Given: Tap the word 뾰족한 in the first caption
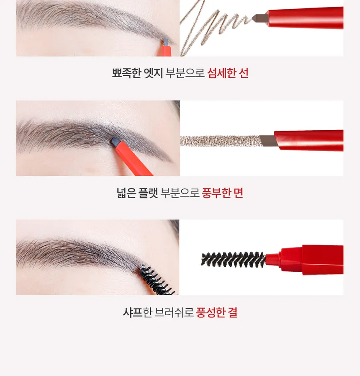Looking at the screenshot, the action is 126,73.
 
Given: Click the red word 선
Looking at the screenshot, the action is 244,73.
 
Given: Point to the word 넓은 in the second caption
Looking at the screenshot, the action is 126,193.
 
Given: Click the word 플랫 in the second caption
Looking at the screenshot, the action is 148,193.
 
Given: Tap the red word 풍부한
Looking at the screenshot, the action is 216,193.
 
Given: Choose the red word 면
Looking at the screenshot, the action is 239,193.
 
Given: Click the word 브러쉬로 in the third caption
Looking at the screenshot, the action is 174,312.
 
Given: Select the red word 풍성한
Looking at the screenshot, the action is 211,312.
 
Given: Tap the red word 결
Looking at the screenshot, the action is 233,312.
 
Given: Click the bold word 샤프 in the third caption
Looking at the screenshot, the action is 133,312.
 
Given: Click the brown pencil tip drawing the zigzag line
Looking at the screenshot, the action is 260,18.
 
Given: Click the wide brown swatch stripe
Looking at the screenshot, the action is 220,141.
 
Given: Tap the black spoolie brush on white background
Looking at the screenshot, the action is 233,260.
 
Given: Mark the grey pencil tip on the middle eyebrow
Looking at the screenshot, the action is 115,142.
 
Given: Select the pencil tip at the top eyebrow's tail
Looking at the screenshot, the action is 165,43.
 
